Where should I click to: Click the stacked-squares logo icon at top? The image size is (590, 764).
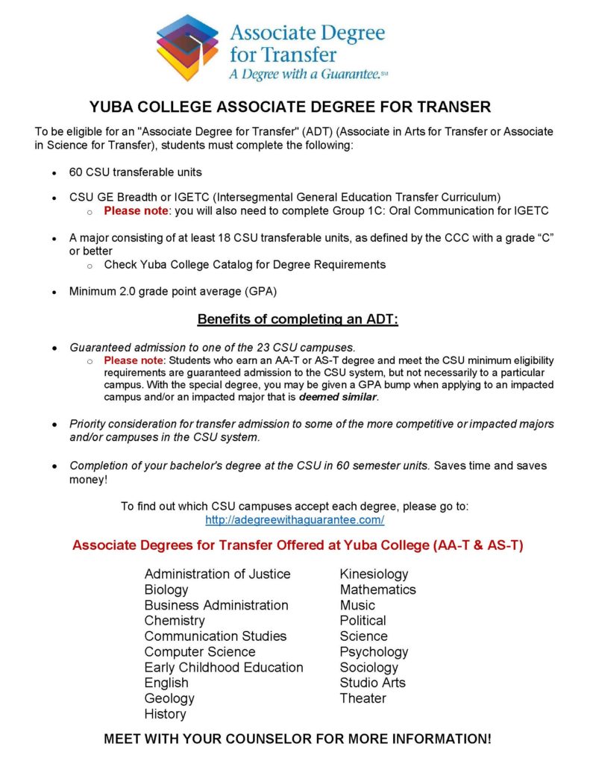click(187, 47)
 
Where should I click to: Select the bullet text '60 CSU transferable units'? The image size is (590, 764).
click(136, 172)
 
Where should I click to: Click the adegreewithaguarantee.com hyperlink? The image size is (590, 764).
click(295, 520)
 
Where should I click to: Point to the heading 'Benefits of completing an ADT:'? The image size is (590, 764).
click(298, 319)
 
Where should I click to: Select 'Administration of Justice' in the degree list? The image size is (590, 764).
click(217, 574)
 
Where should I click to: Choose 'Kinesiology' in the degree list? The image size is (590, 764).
click(374, 574)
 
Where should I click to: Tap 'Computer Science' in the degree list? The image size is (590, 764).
click(200, 651)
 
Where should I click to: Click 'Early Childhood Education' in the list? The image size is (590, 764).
click(224, 667)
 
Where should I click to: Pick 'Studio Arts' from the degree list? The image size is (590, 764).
click(372, 683)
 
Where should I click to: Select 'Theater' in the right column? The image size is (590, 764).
click(363, 698)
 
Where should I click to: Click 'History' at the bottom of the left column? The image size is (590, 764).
click(165, 714)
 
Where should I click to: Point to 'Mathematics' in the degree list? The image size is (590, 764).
click(377, 589)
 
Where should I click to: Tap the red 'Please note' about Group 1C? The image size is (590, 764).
click(137, 211)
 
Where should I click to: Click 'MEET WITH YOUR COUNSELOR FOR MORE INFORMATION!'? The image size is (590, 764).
click(298, 739)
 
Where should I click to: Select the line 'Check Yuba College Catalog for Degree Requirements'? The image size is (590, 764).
click(245, 265)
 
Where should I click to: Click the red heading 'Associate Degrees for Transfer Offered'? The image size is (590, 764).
click(298, 545)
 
